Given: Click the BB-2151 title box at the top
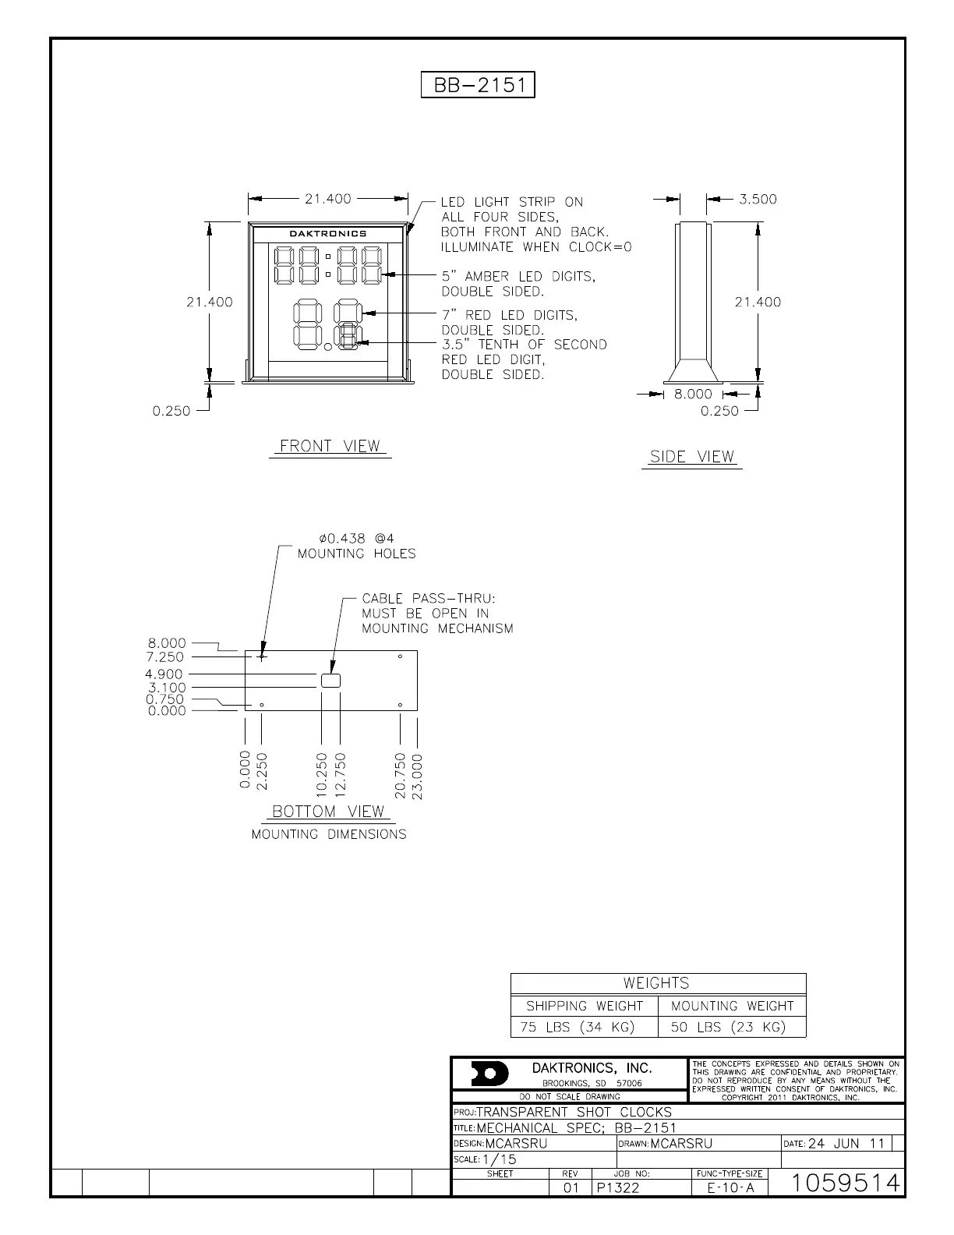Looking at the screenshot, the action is point(478,84).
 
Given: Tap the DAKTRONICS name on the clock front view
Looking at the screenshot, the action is point(327,233).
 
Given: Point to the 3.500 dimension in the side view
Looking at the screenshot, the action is point(758,200).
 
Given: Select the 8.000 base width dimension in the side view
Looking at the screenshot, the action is point(693,395).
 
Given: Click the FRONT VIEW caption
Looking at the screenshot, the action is point(330,446).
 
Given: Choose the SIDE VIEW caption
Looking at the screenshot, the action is point(692,457).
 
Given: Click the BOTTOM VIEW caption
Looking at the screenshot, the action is point(328,812).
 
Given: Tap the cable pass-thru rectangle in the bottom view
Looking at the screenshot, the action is point(330,681).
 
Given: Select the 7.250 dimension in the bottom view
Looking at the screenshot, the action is point(165,657).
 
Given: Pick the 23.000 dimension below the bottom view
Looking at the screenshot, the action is point(418,776).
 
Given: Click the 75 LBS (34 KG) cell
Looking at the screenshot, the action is point(578,1028).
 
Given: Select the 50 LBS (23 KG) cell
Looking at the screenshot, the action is point(728,1028).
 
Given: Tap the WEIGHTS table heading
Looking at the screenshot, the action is point(656,983).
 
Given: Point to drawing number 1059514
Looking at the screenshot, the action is point(846,1184).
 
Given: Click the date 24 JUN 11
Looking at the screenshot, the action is point(846,1144).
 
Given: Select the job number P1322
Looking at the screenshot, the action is point(618,1188).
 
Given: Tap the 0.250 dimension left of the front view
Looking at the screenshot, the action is point(171,411).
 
